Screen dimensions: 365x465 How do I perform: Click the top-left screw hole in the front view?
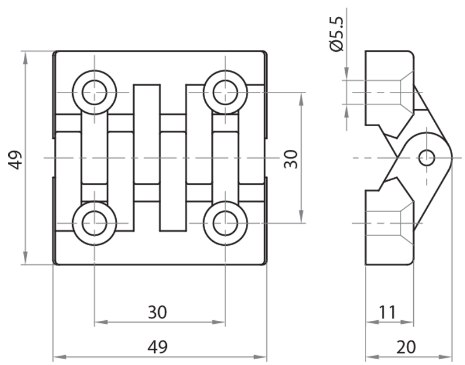coord(94,92)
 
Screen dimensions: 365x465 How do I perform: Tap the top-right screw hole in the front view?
coord(226,92)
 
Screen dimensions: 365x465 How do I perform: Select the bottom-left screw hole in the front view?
coord(94,223)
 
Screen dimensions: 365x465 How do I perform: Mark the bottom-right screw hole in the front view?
coord(226,223)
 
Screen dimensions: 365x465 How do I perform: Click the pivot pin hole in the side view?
coord(427,158)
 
